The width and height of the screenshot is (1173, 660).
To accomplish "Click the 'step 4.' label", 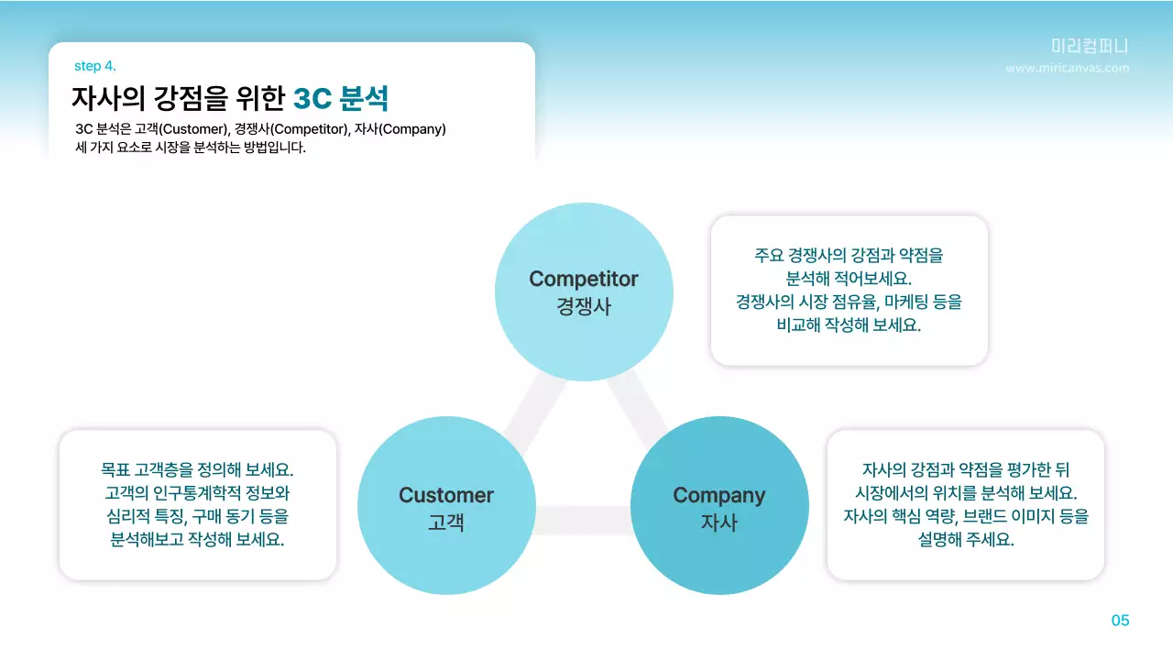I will pos(94,66).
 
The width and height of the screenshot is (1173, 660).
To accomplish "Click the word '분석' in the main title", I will pos(364,97).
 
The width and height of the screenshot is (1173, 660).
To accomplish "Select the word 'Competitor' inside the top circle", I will pos(584,279).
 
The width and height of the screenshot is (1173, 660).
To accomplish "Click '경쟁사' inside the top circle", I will pos(584,306).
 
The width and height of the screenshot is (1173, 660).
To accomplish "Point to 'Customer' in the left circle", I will pos(445,495).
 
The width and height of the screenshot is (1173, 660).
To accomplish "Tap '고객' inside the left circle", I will pos(445,523).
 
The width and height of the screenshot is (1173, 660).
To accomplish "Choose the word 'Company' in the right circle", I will pos(718,495).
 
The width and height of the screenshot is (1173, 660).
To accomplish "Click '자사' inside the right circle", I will pos(718,523).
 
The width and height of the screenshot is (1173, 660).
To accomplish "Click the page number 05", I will pos(1120,621).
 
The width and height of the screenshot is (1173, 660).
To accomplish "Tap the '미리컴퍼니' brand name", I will pos(1090,47).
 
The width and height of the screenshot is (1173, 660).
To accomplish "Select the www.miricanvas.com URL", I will pos(1067,68).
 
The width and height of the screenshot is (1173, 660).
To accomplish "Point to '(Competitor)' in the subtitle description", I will pos(310,129).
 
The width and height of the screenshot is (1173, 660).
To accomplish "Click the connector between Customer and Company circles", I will pos(583,520).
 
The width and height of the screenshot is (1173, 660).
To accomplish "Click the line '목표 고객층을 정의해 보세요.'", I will pos(197,469).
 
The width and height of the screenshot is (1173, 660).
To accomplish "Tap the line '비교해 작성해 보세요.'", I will pos(849,324).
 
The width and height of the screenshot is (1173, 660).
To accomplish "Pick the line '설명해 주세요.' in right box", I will pos(965,540).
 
